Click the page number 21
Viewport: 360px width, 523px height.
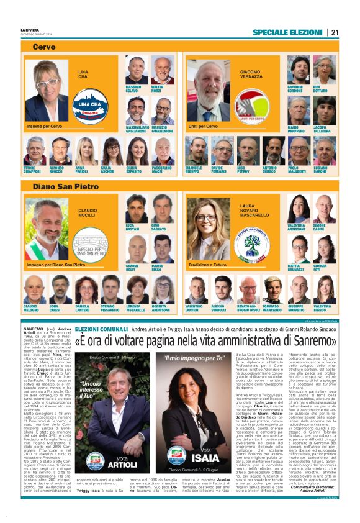click(335, 32)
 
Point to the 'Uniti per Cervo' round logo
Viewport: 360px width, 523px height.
click(251, 106)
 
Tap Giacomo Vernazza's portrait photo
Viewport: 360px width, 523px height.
click(208, 91)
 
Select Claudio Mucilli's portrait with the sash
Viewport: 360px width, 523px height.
click(47, 230)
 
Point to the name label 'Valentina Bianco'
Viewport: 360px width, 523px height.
click(322, 309)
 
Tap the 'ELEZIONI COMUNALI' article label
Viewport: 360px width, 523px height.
click(101, 329)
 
